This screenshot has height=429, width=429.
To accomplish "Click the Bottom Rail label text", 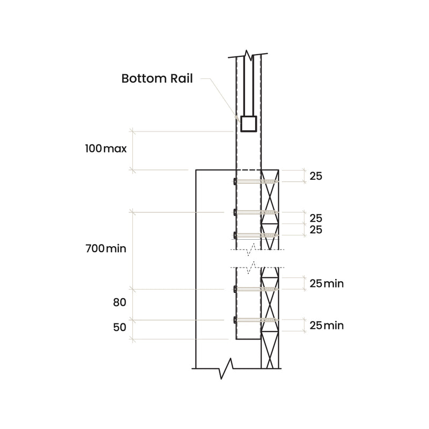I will [157, 78].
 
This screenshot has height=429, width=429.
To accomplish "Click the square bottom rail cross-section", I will [248, 124].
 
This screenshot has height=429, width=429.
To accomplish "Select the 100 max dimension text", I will [106, 149].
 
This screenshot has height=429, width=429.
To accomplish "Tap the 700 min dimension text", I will [106, 249].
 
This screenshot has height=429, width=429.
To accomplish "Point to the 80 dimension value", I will [120, 302].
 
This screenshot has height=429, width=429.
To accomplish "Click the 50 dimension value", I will [120, 327].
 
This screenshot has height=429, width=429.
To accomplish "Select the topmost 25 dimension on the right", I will [316, 176].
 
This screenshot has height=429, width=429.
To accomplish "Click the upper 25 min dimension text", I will [326, 284].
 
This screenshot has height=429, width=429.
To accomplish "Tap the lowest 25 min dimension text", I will [326, 326].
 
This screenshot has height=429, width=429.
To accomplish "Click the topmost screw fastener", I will [256, 182].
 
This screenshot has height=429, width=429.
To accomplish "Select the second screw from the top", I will [256, 212].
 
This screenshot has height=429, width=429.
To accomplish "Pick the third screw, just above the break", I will [256, 235].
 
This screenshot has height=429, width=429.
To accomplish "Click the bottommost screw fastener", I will [256, 321].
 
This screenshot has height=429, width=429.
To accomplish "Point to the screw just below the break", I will [256, 290].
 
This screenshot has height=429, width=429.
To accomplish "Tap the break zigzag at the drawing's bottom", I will [229, 368].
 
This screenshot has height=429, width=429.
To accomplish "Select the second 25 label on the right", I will [316, 218].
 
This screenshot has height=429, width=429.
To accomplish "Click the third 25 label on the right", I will [316, 230].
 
